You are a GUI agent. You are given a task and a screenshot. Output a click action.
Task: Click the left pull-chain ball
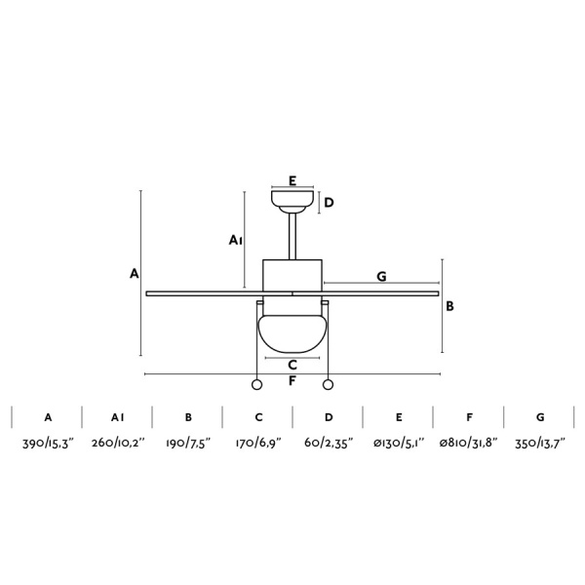256,385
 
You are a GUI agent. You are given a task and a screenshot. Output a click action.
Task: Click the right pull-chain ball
328,385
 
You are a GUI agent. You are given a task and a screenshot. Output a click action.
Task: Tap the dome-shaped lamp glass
292,333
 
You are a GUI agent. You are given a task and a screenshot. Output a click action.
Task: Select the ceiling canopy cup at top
292,202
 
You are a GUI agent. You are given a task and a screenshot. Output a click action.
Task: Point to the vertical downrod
292,236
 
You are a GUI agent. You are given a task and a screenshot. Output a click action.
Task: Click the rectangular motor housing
292,275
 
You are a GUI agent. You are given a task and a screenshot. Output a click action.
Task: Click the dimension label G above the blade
381,277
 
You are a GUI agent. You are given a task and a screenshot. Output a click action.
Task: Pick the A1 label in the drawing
235,240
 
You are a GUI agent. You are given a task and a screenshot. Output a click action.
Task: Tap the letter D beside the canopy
329,203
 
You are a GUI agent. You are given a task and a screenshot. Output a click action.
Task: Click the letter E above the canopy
292,180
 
